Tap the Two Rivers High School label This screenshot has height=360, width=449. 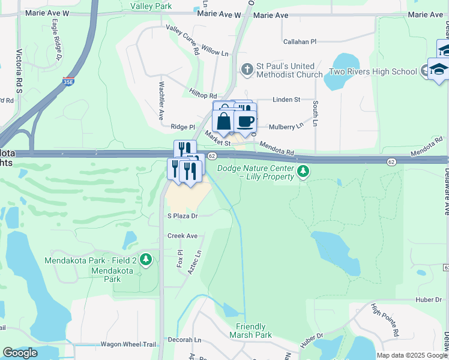(373, 72)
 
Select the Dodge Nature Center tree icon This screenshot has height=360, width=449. (304, 172)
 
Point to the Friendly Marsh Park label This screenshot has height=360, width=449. (253, 331)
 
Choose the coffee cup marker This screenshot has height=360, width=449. (245, 122)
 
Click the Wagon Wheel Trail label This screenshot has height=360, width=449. (128, 344)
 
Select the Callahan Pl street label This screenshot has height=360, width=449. (300, 42)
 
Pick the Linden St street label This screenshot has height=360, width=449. (286, 100)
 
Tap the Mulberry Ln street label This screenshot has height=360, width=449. (286, 127)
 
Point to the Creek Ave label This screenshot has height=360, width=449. (182, 236)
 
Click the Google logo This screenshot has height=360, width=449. (20, 353)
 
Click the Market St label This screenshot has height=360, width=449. (217, 140)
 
